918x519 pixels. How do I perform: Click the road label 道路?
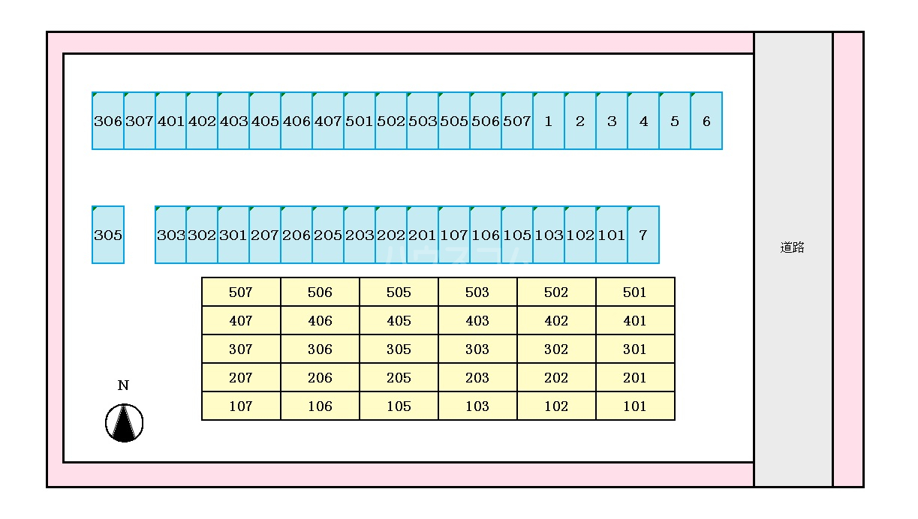tap(792, 247)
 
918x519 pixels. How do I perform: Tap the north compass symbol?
tap(124, 423)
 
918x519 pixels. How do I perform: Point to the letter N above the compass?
tap(123, 385)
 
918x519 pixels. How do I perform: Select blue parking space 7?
tap(643, 235)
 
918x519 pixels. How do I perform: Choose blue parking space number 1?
tap(549, 121)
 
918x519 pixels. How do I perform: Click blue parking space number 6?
tap(706, 121)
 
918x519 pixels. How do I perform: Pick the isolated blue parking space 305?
tap(108, 235)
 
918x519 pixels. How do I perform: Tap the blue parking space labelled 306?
tap(108, 121)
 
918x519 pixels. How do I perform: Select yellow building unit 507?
tap(241, 292)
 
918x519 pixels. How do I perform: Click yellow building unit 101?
tap(635, 406)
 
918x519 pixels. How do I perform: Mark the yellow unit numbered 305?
tap(399, 349)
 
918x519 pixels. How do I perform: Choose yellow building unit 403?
tap(477, 320)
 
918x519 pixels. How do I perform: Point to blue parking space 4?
tap(643, 121)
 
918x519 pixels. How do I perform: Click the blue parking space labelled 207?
tap(265, 235)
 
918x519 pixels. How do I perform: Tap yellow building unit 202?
tap(556, 377)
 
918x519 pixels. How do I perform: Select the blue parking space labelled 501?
tap(360, 121)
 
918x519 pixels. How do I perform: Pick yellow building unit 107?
tap(241, 406)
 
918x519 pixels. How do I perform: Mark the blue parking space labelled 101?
tap(612, 235)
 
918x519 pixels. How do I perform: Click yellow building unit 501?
tap(635, 292)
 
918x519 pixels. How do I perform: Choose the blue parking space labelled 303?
tap(171, 235)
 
